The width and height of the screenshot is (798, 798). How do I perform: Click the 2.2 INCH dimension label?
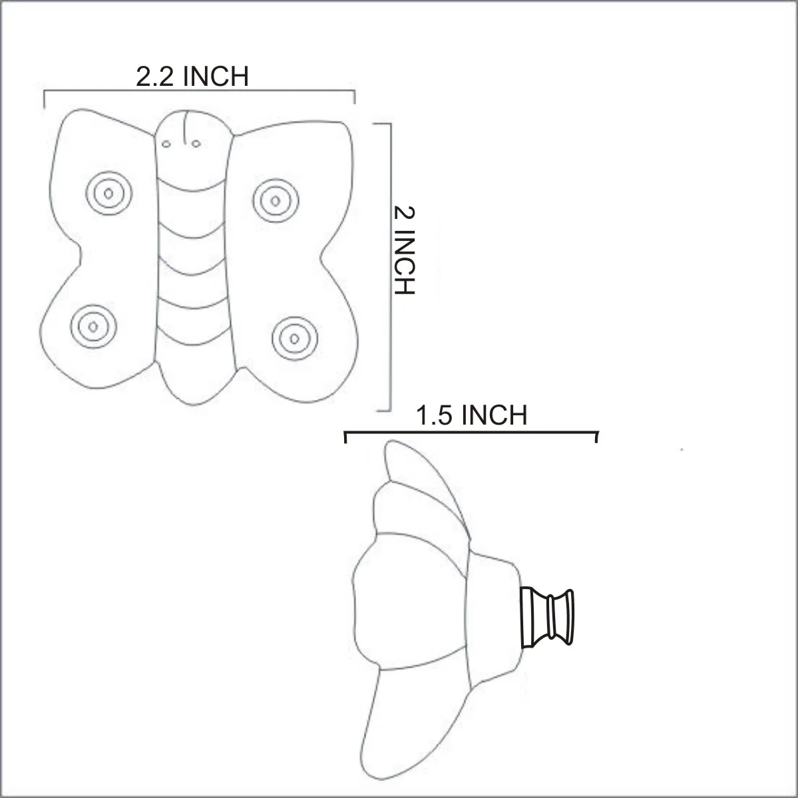tap(192, 77)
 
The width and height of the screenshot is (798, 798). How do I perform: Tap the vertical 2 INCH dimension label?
tap(404, 251)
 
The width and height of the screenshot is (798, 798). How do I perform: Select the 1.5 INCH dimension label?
tap(471, 415)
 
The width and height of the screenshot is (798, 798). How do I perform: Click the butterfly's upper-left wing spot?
tap(108, 194)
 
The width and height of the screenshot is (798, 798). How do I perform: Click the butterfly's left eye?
tap(166, 142)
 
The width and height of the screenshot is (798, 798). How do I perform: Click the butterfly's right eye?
tap(196, 142)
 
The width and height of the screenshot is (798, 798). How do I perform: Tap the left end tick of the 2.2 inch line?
tap(45, 98)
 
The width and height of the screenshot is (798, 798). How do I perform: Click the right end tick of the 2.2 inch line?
tap(354, 98)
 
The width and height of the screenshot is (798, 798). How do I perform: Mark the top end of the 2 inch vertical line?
tap(388, 124)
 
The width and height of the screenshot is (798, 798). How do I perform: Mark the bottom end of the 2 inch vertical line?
tap(388, 410)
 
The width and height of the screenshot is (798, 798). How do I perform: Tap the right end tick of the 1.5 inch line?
tap(596, 436)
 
